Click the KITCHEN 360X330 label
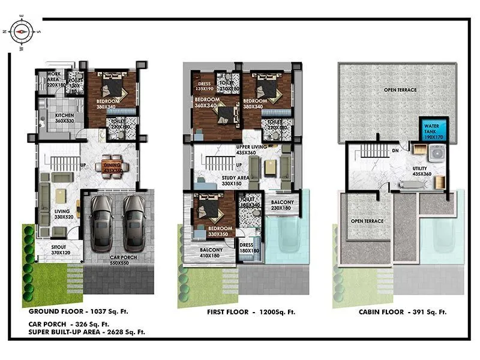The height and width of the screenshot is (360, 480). (64, 118)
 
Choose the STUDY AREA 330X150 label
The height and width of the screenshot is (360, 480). (220, 181)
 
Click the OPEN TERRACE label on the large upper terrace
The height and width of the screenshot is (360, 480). (400, 90)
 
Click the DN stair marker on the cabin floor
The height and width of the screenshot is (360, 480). (396, 151)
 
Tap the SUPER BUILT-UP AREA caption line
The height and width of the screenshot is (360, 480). (86, 331)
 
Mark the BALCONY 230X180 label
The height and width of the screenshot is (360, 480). (283, 205)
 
